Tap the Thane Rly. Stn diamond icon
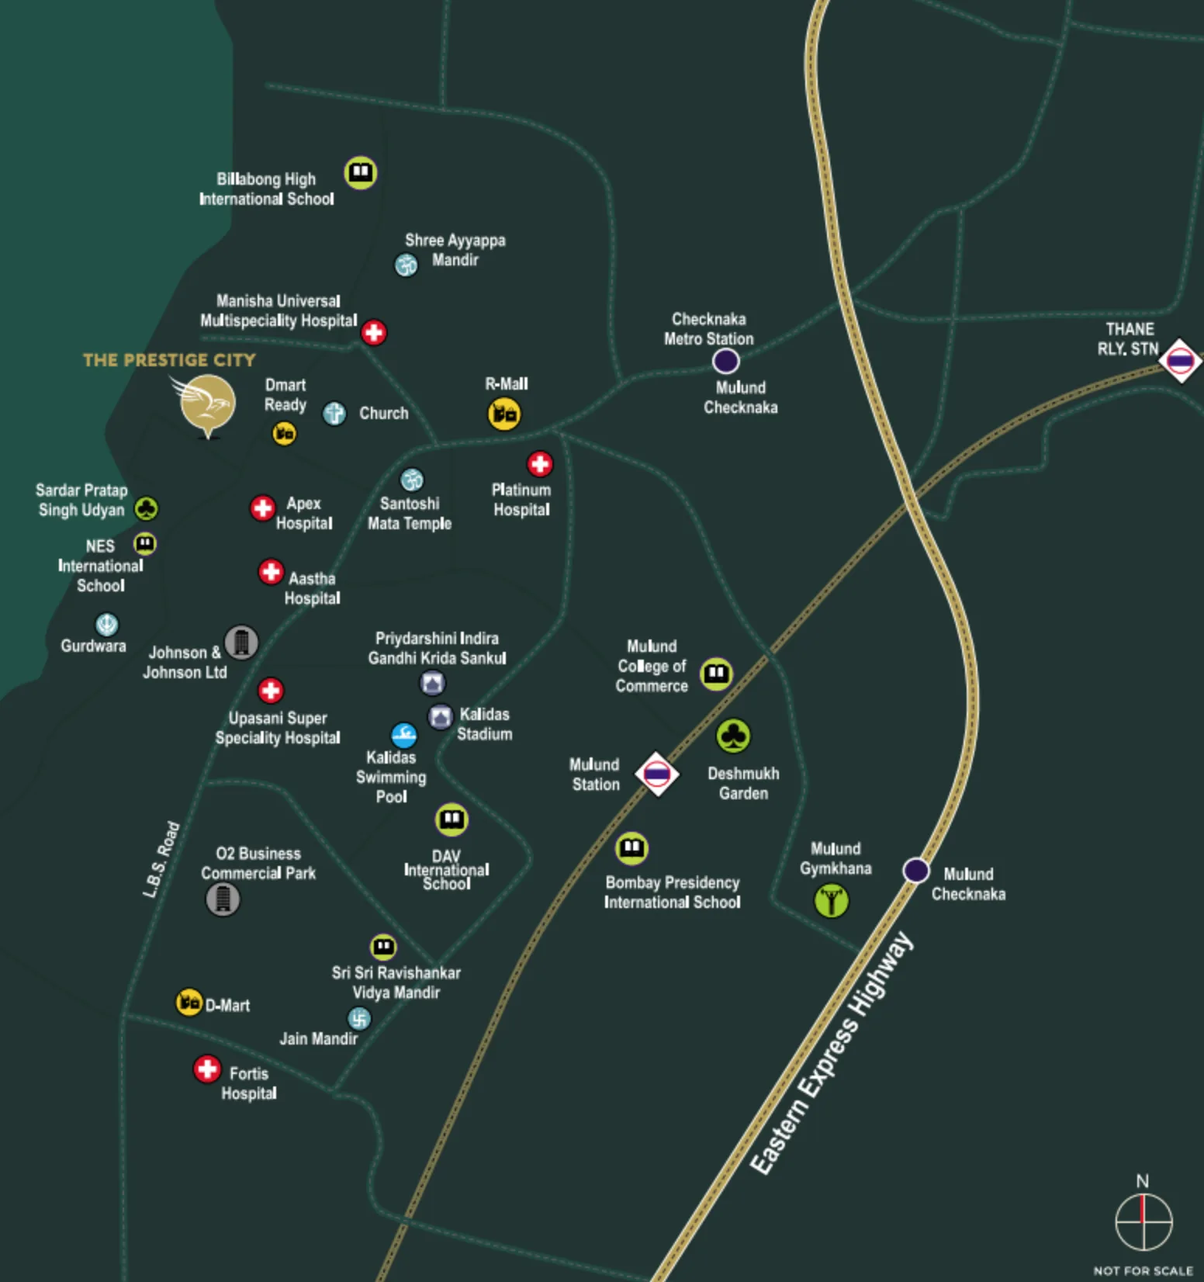(x=1180, y=361)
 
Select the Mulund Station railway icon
(x=657, y=774)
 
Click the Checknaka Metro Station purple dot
(x=725, y=361)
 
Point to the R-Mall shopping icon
(x=504, y=414)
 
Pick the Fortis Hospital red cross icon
(x=207, y=1069)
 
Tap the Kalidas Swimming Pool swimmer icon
(x=403, y=735)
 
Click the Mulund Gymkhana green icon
(x=832, y=900)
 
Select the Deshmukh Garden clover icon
(x=733, y=736)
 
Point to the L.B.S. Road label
(x=161, y=860)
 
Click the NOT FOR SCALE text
(x=1143, y=1270)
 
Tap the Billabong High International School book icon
(x=361, y=172)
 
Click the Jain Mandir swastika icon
(x=359, y=1018)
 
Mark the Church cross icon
(x=334, y=413)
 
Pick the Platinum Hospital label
(x=521, y=500)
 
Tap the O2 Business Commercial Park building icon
(x=223, y=899)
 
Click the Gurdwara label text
(x=93, y=646)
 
